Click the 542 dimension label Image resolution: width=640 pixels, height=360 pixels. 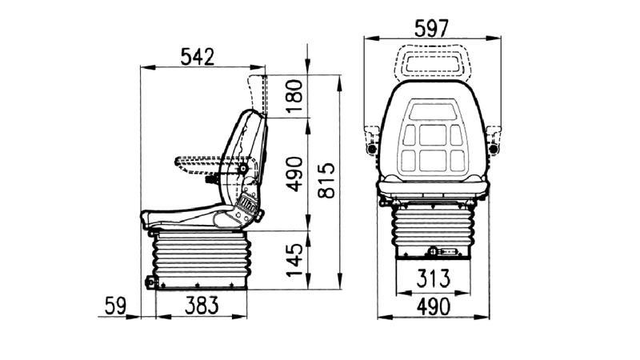tap(197, 57)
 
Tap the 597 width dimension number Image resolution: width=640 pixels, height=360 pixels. tap(431, 29)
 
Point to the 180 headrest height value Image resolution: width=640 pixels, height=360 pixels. tap(294, 96)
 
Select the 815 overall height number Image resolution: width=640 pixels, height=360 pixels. tap(326, 181)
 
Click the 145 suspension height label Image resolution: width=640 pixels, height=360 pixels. tap(294, 260)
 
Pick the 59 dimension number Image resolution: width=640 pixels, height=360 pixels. tap(115, 306)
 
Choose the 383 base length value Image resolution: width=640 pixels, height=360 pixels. tap(202, 306)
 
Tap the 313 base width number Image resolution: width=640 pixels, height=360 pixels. tap(433, 278)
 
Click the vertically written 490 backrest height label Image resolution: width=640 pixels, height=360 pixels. tap(294, 174)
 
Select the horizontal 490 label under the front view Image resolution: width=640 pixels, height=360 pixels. tap(434, 307)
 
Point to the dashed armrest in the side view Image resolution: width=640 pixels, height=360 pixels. tap(212, 165)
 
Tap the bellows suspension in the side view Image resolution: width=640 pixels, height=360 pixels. tap(201, 259)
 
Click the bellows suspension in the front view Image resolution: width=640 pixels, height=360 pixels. tap(433, 230)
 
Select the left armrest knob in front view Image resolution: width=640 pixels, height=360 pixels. tap(372, 149)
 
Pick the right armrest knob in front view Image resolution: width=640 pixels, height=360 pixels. tap(493, 149)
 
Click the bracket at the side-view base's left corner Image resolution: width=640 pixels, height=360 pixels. tap(151, 282)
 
